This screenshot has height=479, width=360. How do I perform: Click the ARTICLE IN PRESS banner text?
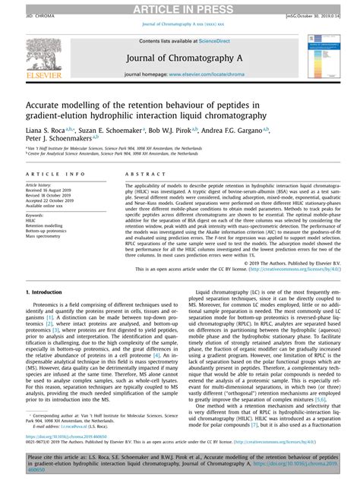pos(180,8)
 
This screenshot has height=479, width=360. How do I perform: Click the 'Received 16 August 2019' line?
pos(52,190)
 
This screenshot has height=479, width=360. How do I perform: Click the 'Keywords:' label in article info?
pos(36,217)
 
